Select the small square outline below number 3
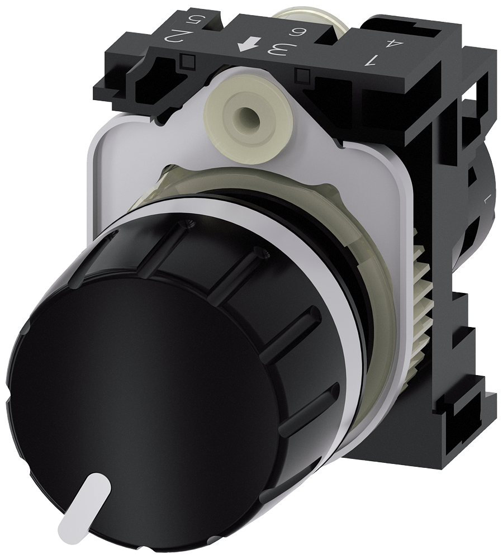(x=304, y=73)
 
